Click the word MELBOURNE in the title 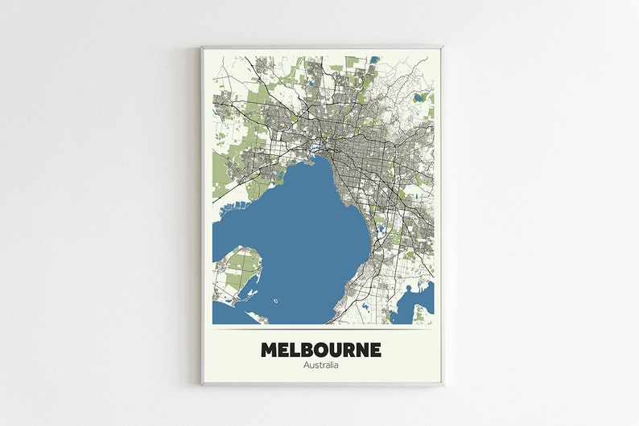(321, 350)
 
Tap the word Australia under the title (321, 366)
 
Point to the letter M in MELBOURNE (269, 350)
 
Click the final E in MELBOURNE (376, 350)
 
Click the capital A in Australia (307, 366)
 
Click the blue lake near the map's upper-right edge (418, 97)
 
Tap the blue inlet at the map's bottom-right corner (420, 303)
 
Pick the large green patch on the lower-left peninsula (241, 268)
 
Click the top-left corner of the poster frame (202, 47)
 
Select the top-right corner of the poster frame (442, 47)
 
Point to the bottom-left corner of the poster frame (202, 384)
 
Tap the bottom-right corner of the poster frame (442, 384)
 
